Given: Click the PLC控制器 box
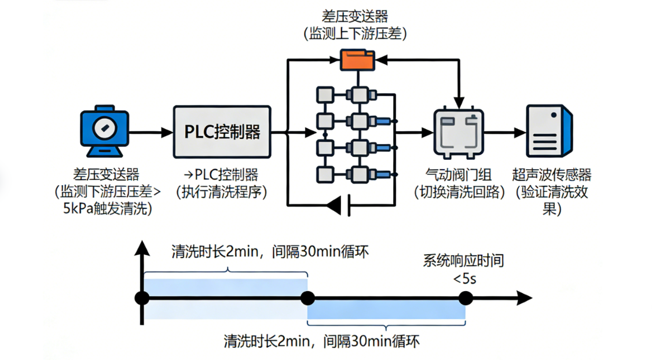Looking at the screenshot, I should pyautogui.click(x=222, y=131).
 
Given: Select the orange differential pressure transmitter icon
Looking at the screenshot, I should pyautogui.click(x=357, y=59).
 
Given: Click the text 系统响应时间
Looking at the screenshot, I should pyautogui.click(x=463, y=261).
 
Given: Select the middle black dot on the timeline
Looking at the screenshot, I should pyautogui.click(x=307, y=299).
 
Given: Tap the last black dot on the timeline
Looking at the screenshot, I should pyautogui.click(x=465, y=299).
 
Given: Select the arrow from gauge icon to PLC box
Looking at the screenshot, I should pyautogui.click(x=150, y=132).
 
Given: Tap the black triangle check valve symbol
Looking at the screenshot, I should pyautogui.click(x=334, y=204).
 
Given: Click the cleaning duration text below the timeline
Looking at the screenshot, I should pyautogui.click(x=321, y=341).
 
